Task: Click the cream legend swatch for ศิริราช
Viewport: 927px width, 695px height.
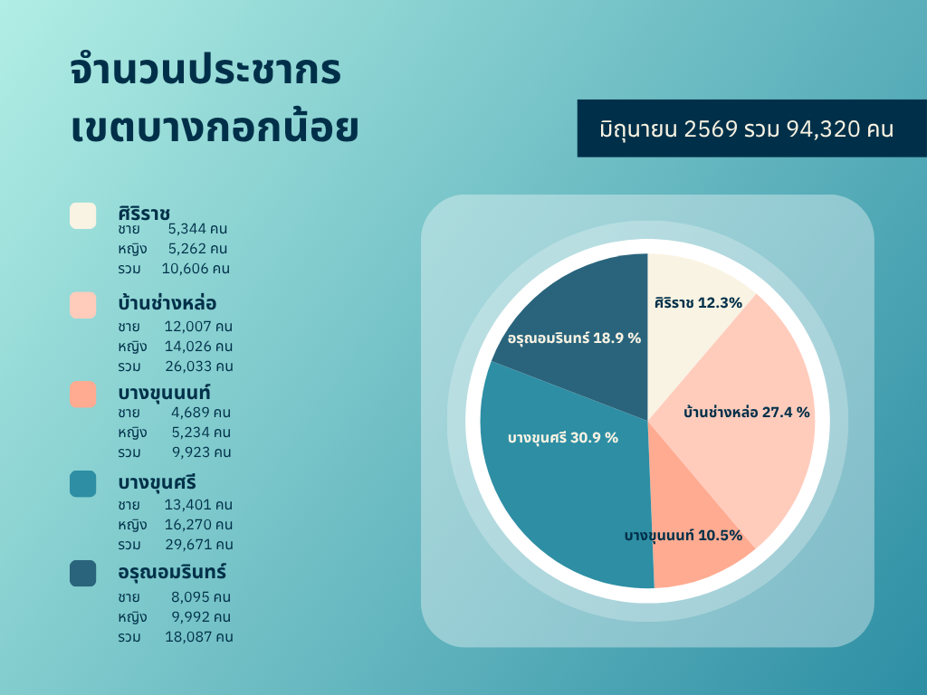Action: tap(82, 215)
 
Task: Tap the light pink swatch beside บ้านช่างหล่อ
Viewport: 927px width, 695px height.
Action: tap(82, 305)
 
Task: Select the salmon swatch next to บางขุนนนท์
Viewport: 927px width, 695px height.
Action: tap(82, 395)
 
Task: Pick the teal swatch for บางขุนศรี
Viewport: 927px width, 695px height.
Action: tap(82, 484)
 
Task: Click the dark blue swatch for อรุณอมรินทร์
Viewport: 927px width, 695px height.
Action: tap(82, 573)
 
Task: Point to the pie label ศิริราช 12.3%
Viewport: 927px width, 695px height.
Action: tap(698, 302)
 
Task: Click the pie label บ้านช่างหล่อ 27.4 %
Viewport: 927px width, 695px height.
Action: tap(747, 412)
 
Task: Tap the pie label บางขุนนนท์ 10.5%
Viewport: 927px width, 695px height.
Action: tap(683, 536)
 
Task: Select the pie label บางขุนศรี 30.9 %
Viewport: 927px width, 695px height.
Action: tap(563, 438)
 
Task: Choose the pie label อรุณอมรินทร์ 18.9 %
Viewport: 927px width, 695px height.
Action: tap(574, 338)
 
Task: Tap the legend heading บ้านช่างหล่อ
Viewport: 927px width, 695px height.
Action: tap(167, 302)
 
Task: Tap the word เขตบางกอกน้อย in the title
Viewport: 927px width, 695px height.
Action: tap(215, 125)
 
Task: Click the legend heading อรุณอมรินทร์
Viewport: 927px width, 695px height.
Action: tap(172, 572)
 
